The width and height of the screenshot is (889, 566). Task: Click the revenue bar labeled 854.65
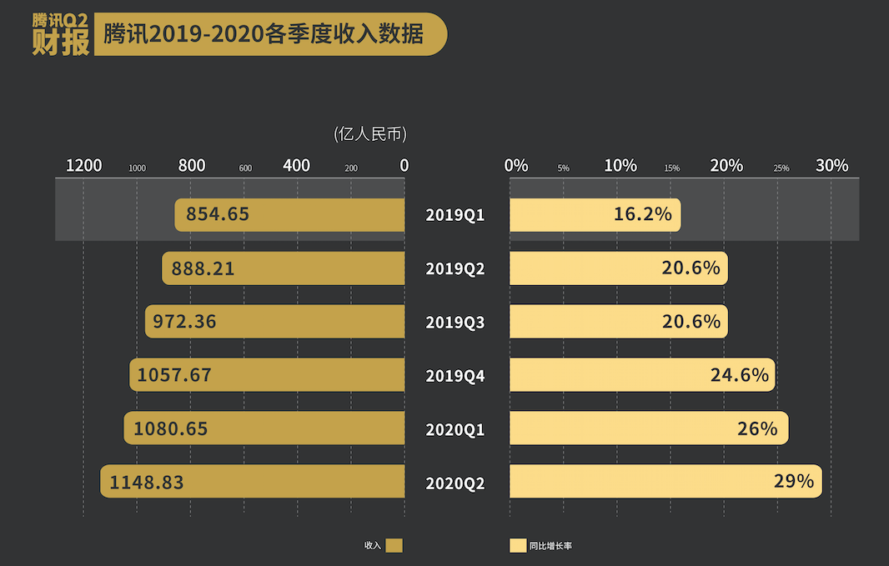pos(289,215)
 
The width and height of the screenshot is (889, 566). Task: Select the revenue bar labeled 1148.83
pos(253,482)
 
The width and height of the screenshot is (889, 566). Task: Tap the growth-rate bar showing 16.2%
pos(595,215)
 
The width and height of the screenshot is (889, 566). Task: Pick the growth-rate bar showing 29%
pos(665,482)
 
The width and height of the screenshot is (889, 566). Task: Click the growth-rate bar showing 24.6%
pos(642,375)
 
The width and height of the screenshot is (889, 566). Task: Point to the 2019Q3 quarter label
pos(455,323)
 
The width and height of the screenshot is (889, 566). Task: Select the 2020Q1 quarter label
pos(455,430)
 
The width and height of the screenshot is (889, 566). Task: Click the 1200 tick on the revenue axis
pos(83,166)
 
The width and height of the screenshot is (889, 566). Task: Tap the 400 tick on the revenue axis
pos(296,166)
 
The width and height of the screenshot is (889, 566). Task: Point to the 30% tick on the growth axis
pos(831,166)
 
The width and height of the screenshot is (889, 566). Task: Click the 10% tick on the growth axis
pos(620,166)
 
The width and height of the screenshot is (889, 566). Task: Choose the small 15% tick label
pos(671,168)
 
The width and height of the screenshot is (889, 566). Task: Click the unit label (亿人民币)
pos(369,134)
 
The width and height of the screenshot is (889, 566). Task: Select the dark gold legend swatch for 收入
pos(394,545)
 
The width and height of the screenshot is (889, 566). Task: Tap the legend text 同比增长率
pos(550,546)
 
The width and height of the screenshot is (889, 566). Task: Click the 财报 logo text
pos(61,43)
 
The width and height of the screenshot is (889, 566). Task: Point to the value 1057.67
pos(174,376)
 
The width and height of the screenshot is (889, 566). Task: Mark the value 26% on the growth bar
pos(757,429)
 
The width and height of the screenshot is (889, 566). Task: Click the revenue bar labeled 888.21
pos(283,268)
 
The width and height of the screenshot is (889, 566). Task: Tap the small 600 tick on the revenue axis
pos(245,168)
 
